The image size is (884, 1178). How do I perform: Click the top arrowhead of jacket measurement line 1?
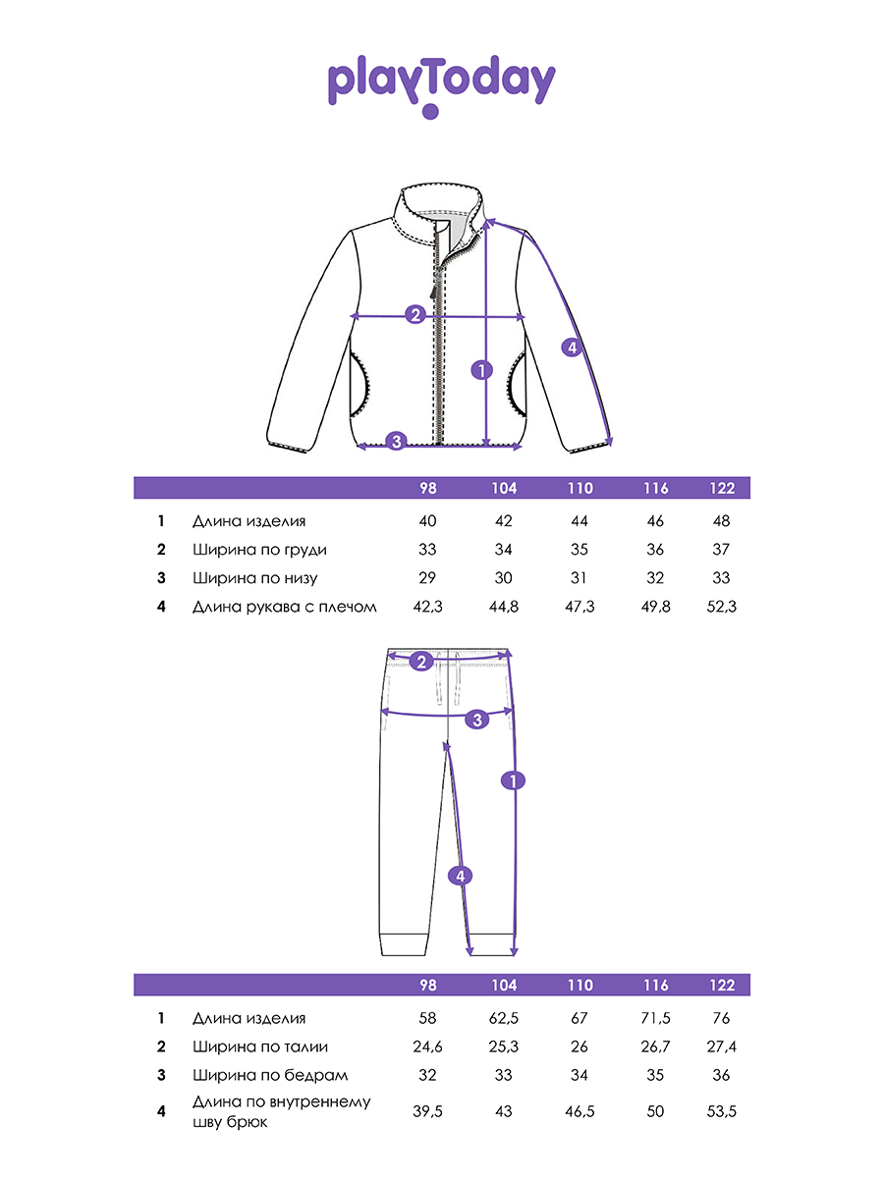click(x=487, y=221)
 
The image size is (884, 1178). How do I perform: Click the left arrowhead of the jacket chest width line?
click(x=354, y=316)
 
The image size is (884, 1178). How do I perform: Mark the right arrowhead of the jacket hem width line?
click(x=518, y=447)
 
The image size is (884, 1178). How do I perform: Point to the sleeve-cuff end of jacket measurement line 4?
click(x=610, y=442)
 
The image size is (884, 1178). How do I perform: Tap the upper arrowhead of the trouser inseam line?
click(x=446, y=745)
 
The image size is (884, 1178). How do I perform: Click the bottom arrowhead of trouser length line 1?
click(x=514, y=952)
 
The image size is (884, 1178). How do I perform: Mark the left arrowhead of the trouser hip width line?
click(x=384, y=712)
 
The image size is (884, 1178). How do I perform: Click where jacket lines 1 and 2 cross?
click(x=486, y=317)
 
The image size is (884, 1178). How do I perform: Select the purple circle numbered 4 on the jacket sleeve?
click(x=573, y=348)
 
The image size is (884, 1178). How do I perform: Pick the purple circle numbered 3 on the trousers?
click(x=477, y=720)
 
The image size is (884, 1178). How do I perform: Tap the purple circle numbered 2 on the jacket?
click(x=414, y=314)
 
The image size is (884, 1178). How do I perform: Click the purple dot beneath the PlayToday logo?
click(x=430, y=111)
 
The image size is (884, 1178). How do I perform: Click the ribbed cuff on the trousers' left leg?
click(x=404, y=944)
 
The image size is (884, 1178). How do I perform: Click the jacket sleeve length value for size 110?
click(x=580, y=607)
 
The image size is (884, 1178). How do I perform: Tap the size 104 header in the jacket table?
click(x=504, y=488)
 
